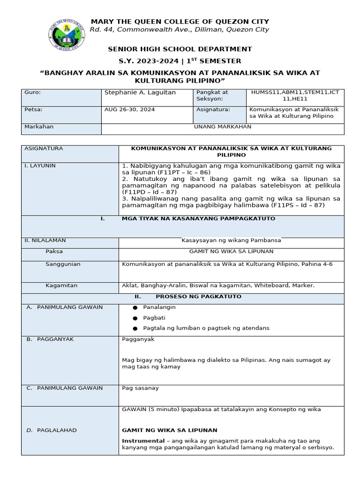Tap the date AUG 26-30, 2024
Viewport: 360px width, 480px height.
point(129,109)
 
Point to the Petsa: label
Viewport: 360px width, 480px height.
point(33,109)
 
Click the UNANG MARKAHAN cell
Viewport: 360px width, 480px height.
point(223,127)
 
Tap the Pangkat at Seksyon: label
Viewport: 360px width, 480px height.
point(212,96)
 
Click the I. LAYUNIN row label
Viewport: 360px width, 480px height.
point(40,165)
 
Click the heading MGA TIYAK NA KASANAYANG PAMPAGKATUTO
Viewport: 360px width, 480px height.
point(198,218)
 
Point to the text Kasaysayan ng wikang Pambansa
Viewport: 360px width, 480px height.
point(231,240)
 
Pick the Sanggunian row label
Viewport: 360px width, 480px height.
point(63,264)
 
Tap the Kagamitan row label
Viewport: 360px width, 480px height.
point(61,285)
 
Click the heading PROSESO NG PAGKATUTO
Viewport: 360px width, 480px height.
point(198,296)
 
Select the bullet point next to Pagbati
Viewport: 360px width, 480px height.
point(135,318)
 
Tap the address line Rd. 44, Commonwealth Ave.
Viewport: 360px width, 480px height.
point(180,30)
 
